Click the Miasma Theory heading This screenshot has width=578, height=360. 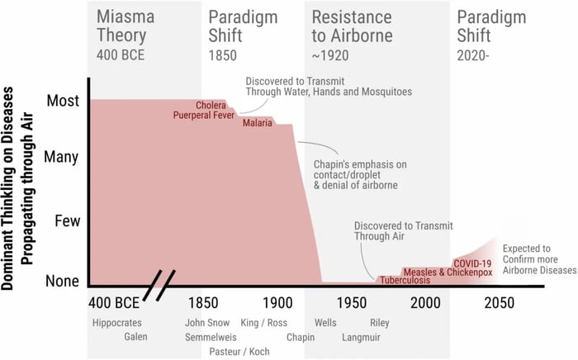coord(121,26)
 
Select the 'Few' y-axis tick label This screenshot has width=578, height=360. coord(66,220)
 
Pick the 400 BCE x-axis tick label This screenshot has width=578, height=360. coord(114,302)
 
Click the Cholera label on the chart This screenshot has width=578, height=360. coord(211,106)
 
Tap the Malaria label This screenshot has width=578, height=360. coord(258,125)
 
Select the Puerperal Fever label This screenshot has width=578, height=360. coord(204,116)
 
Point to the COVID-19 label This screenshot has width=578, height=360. coord(471,263)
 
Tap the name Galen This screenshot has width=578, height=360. coord(137,337)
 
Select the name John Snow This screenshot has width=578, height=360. coord(207,323)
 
